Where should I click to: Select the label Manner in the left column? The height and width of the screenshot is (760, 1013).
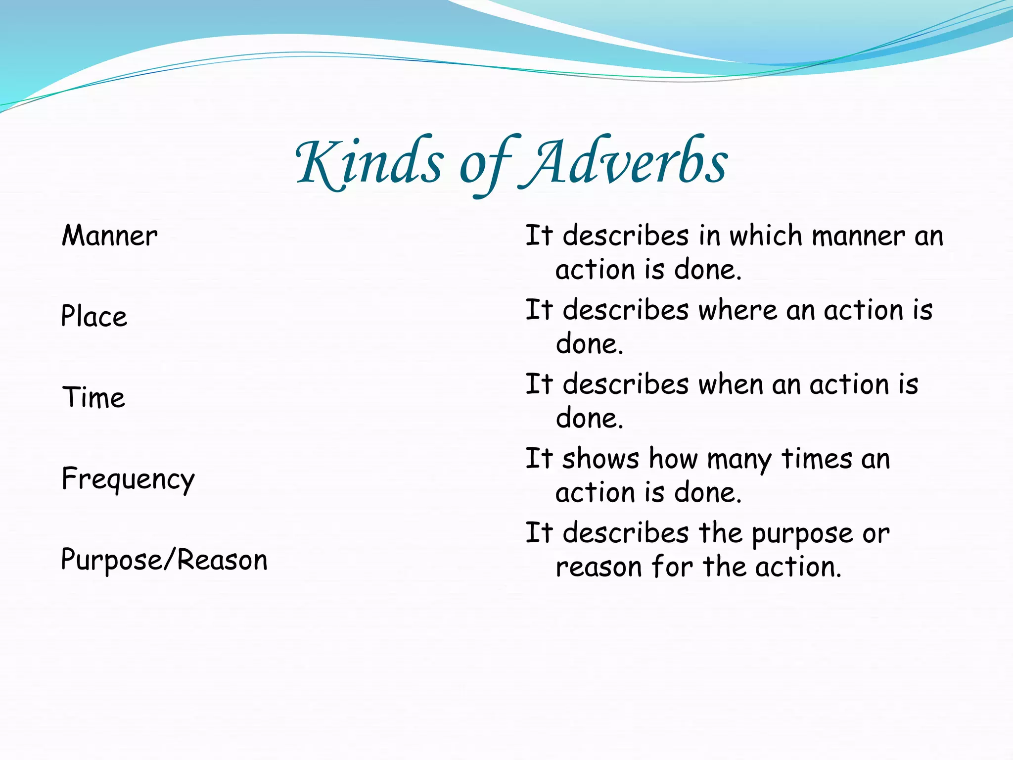click(x=109, y=236)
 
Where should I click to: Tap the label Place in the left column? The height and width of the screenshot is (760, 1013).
click(x=94, y=317)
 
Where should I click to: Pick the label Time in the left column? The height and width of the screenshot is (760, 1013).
click(x=93, y=397)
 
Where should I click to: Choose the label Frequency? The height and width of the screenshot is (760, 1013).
click(x=128, y=479)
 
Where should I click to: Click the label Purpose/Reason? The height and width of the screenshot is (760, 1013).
click(x=164, y=560)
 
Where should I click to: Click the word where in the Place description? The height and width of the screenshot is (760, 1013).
click(x=737, y=311)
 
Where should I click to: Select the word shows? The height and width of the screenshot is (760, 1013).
click(x=600, y=459)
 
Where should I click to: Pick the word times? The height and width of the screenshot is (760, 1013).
click(x=817, y=459)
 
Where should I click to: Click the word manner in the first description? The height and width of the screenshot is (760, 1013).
click(x=858, y=237)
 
